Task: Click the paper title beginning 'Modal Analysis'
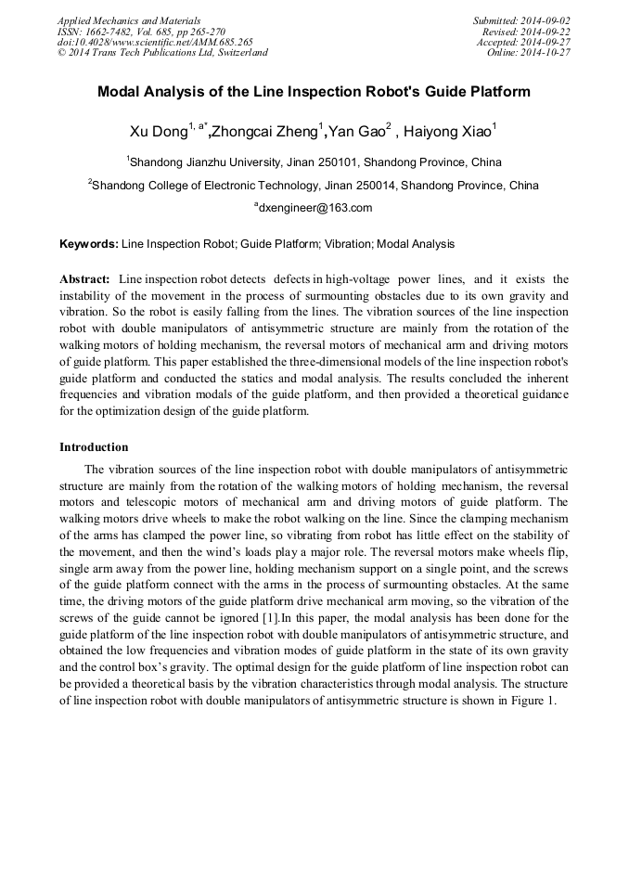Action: pyautogui.click(x=314, y=92)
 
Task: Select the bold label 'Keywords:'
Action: pyautogui.click(x=88, y=244)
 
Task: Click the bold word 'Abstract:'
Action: pyautogui.click(x=84, y=279)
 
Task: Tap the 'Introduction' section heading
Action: pyautogui.click(x=94, y=447)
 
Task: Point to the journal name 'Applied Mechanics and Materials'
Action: pyautogui.click(x=129, y=20)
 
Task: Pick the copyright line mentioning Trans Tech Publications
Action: pyautogui.click(x=162, y=53)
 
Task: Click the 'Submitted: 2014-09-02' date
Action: pyautogui.click(x=521, y=20)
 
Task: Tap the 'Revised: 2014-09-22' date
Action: pyautogui.click(x=526, y=32)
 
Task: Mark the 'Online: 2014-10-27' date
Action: pyautogui.click(x=529, y=53)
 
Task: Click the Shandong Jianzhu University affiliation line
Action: pyautogui.click(x=314, y=161)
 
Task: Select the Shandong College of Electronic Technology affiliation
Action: pyautogui.click(x=314, y=185)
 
